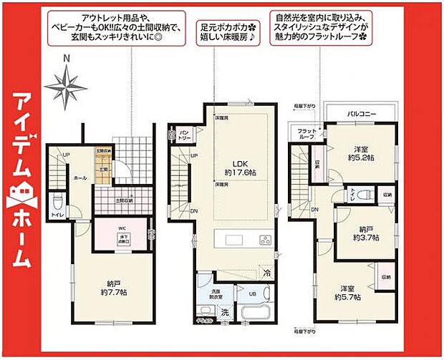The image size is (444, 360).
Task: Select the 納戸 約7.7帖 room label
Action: tap(115, 288)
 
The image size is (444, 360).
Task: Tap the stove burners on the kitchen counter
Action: tap(266, 239)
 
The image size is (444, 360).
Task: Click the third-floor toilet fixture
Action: tap(362, 193)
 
